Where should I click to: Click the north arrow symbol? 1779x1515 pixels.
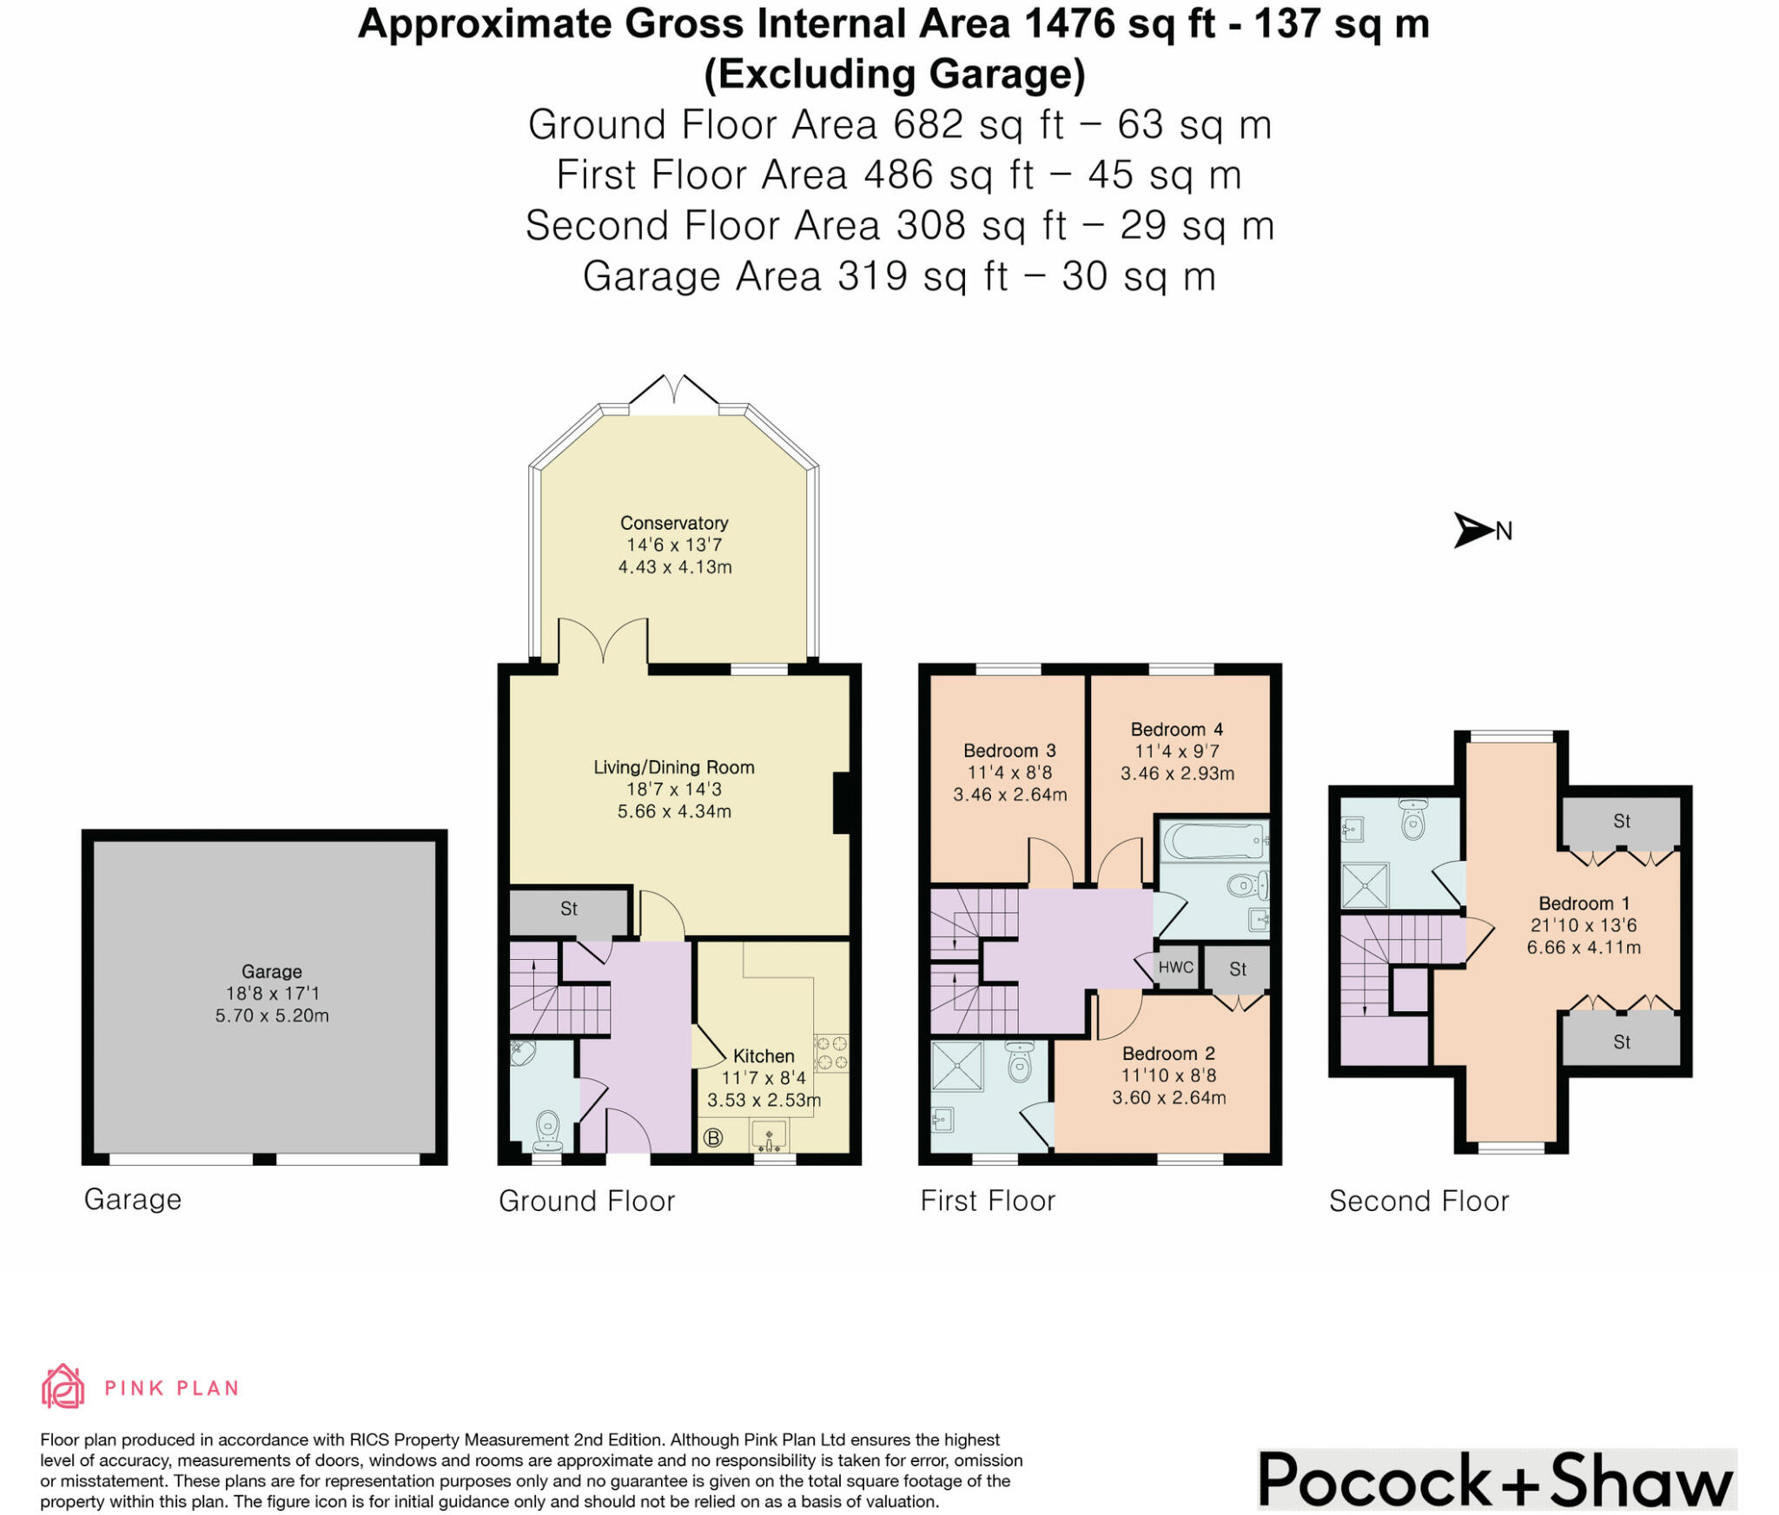tap(1473, 530)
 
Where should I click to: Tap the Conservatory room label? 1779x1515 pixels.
tap(674, 523)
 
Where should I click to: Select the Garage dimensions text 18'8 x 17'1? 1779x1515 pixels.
tap(272, 993)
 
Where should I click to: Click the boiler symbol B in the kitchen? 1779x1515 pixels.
tap(712, 1137)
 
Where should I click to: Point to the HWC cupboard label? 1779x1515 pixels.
tap(1176, 967)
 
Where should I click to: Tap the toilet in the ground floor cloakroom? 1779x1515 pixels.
tap(547, 1128)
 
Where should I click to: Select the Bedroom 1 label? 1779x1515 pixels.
tap(1584, 903)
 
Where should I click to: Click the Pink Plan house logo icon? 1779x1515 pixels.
tap(63, 1386)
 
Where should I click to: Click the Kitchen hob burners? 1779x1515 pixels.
tap(831, 1052)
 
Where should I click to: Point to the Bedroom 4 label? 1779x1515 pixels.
tap(1176, 730)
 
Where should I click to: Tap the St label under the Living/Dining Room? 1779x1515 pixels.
tap(569, 909)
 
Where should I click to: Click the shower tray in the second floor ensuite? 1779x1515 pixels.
tap(1366, 885)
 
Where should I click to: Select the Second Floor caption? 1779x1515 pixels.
tap(1419, 1201)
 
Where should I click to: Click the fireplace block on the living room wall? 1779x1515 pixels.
tap(841, 804)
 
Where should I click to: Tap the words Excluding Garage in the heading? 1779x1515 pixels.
tap(895, 75)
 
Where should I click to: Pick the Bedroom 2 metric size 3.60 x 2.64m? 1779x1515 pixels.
tap(1169, 1097)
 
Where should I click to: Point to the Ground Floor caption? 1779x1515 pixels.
tap(586, 1201)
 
